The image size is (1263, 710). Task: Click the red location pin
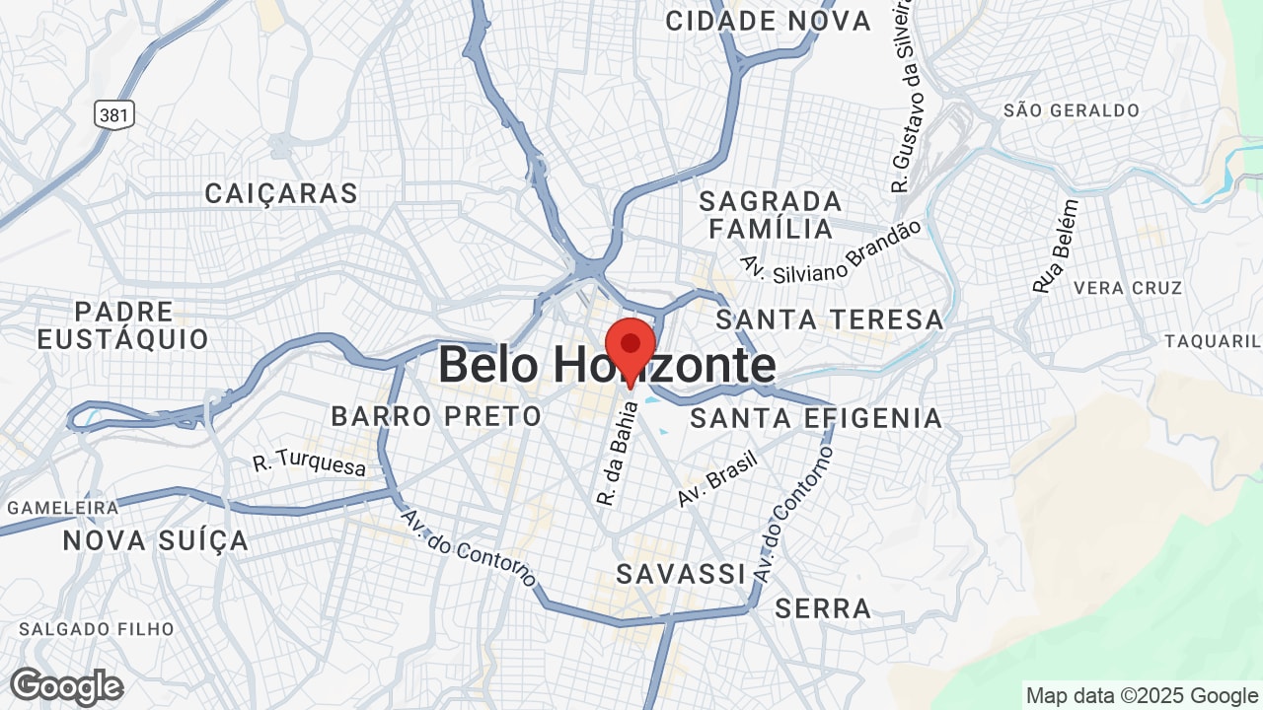[x=630, y=347]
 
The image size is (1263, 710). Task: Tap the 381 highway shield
[x=114, y=115]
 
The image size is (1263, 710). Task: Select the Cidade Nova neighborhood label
[x=768, y=21]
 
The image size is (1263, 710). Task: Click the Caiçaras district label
[x=281, y=193]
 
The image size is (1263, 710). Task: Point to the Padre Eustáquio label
[x=123, y=326]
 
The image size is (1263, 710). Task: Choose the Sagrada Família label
[x=771, y=215]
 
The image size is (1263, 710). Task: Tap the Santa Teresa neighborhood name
[x=830, y=319]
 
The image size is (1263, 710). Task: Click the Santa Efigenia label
[x=816, y=418]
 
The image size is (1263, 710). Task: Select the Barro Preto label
[x=436, y=416]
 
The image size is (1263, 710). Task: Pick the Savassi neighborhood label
[x=680, y=574]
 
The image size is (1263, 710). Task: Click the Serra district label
[x=823, y=608]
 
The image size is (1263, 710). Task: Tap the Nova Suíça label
[x=156, y=540]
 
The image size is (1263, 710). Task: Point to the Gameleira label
[x=63, y=508]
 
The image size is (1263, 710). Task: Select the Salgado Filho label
[x=97, y=629]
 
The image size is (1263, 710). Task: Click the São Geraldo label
[x=1072, y=110]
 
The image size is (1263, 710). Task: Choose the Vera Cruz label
[x=1128, y=288]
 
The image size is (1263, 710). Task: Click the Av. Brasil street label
[x=716, y=479]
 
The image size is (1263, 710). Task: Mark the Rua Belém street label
[x=1056, y=247]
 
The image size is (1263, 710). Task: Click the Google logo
[x=66, y=686]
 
